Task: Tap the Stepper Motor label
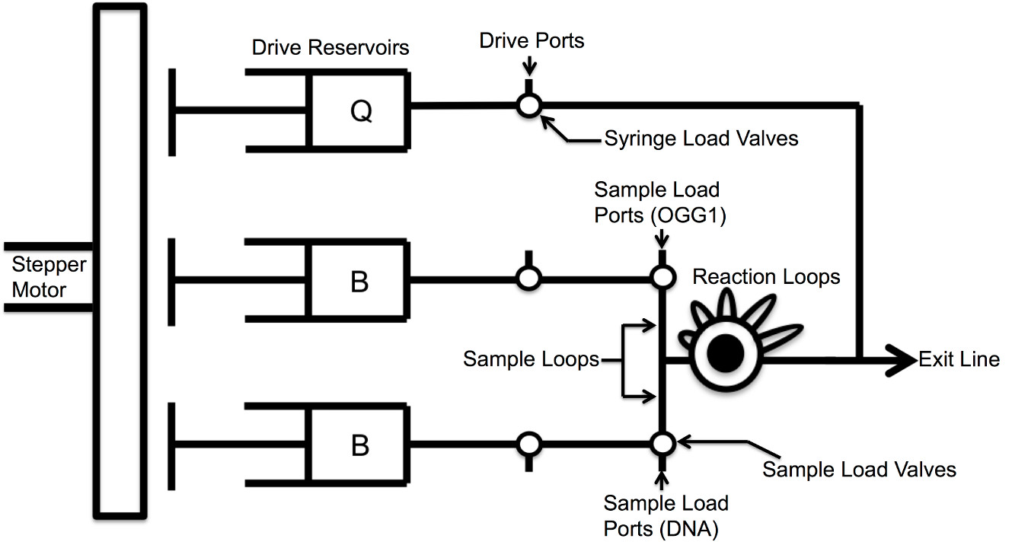click(x=49, y=278)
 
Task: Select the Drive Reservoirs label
click(x=330, y=47)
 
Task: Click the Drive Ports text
click(x=532, y=40)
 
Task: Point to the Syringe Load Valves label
click(x=701, y=139)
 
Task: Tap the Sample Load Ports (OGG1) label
click(x=660, y=202)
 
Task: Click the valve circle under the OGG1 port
click(x=662, y=278)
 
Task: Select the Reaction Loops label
click(x=766, y=276)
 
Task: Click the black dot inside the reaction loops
click(x=725, y=352)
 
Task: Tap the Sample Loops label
click(x=531, y=359)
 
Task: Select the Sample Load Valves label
click(x=859, y=469)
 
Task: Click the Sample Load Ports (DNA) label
click(x=666, y=515)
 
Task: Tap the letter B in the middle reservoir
click(x=359, y=282)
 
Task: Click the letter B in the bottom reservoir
click(x=359, y=445)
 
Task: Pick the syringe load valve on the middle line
click(x=528, y=279)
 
